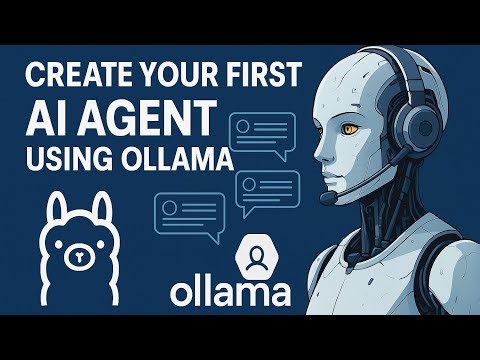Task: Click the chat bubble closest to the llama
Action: [x=188, y=214]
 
